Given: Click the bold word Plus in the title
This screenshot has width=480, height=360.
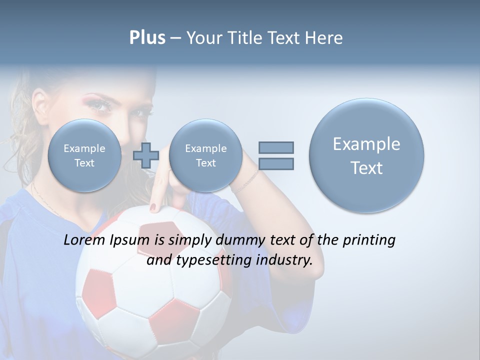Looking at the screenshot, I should click(147, 38).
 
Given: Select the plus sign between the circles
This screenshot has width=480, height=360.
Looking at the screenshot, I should click(146, 155).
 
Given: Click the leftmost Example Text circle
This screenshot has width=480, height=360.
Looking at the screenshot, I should click(84, 155).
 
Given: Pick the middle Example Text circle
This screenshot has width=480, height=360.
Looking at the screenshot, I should click(205, 155).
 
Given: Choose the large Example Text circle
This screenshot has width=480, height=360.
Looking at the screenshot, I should click(366, 155).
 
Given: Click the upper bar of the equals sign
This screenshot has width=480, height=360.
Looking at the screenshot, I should click(276, 147).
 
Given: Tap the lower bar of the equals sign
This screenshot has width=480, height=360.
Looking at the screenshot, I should click(276, 163).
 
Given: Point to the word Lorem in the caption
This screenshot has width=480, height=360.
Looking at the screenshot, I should click(84, 240).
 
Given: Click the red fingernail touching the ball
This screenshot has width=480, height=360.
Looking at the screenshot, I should click(153, 206).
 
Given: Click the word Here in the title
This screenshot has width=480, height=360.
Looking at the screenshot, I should click(324, 38).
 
